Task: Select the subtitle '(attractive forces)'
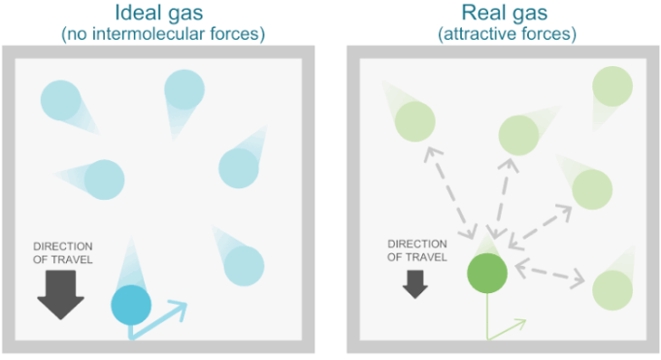507,35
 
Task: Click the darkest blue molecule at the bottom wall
131,305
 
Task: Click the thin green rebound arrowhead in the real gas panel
519,323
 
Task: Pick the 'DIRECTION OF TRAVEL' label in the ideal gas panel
63,252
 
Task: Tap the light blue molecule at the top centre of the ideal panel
183,89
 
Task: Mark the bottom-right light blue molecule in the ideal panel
245,264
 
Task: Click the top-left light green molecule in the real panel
414,120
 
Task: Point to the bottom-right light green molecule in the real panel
611,289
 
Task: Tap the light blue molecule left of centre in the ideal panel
104,179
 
